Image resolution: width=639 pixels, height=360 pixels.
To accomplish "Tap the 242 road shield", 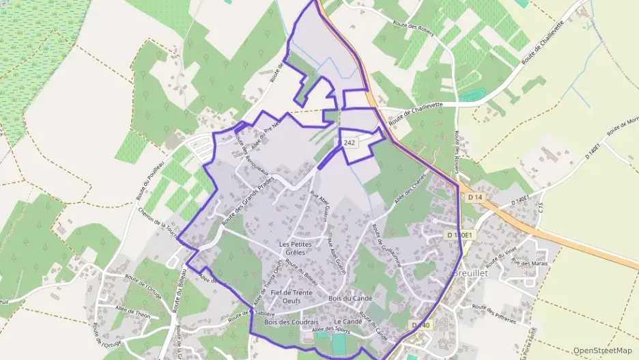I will click(350, 142).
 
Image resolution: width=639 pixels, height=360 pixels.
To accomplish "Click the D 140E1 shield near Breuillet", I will click(459, 235).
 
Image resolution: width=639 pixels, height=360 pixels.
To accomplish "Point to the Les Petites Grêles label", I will click(296, 248).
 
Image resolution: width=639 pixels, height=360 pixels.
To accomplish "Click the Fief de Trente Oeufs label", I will click(292, 296).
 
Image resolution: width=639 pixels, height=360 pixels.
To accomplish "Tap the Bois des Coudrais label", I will click(292, 322).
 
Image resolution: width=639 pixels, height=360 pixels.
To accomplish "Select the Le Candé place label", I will click(347, 321).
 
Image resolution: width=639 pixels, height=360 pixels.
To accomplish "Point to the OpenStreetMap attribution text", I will click(603, 350).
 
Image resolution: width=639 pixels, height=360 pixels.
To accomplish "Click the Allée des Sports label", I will click(330, 331).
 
